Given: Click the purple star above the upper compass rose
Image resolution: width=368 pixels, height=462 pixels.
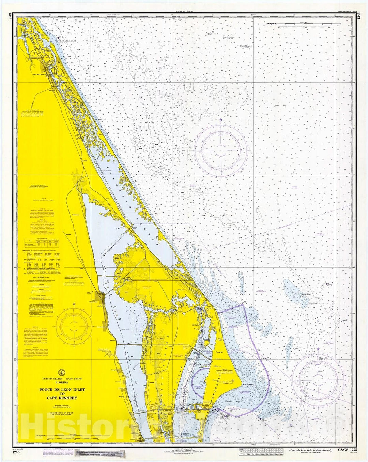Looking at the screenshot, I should [221, 120].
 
